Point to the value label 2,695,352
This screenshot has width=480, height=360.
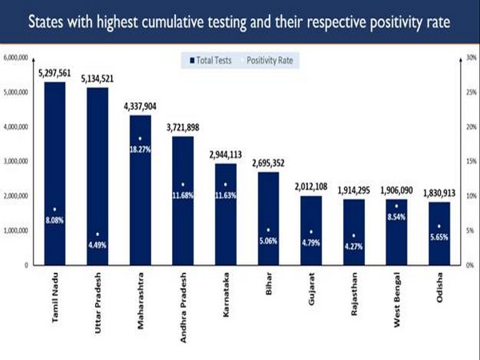(x=268, y=163)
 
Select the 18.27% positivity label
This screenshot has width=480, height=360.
(x=140, y=148)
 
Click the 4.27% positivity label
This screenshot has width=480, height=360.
(x=354, y=245)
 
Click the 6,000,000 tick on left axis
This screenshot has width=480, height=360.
(x=16, y=58)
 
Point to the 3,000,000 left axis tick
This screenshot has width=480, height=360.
(x=16, y=161)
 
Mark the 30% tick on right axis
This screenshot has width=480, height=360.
(x=471, y=58)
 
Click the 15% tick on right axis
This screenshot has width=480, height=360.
(x=471, y=161)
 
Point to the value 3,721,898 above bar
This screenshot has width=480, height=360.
(x=182, y=127)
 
